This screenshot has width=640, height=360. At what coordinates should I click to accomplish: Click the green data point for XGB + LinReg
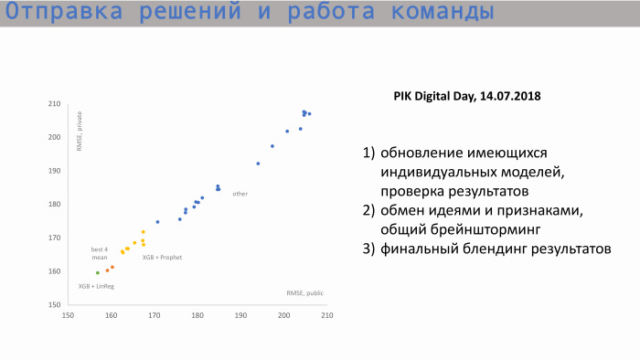tap(98, 272)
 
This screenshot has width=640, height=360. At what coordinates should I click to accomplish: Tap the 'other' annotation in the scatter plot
tap(240, 194)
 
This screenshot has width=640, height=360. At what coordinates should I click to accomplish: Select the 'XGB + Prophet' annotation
tap(162, 258)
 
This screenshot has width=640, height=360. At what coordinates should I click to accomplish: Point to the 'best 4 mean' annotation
tap(100, 254)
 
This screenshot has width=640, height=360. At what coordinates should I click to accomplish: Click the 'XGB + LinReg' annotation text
tap(96, 286)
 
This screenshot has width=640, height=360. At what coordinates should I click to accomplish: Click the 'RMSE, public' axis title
tap(304, 293)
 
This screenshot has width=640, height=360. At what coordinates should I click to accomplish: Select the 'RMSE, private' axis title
tap(80, 132)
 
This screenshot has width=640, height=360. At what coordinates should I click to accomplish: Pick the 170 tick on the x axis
tap(154, 316)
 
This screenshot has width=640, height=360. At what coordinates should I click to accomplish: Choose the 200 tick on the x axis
tap(283, 316)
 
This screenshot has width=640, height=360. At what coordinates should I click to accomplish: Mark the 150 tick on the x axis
tap(68, 316)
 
